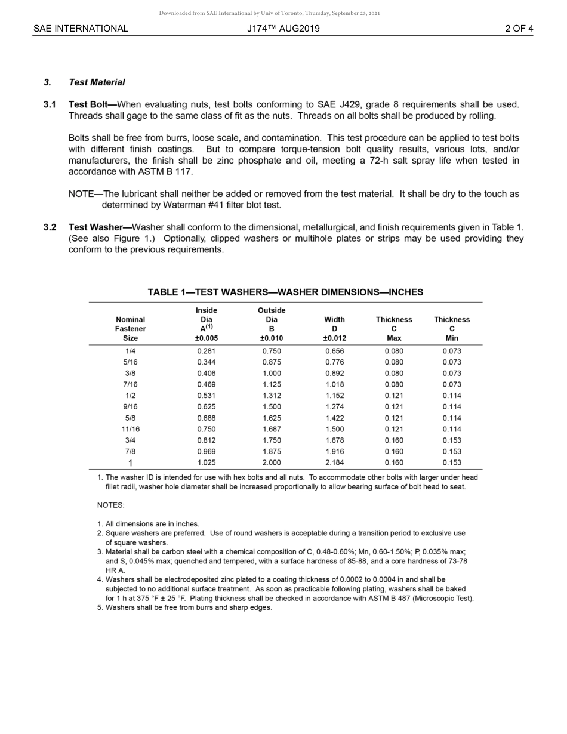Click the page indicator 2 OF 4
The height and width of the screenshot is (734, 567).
click(x=519, y=29)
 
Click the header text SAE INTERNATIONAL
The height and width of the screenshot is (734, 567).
click(x=81, y=29)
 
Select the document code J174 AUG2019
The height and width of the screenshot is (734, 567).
click(x=283, y=29)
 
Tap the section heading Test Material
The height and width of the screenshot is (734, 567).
click(x=97, y=82)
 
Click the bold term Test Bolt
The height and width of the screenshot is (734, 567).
click(x=88, y=104)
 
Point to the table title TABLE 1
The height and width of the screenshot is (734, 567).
click(x=285, y=292)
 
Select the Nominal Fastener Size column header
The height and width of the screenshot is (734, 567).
click(x=130, y=329)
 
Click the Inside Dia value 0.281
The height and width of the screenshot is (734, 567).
click(x=206, y=351)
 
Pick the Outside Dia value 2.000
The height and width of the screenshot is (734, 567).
click(x=272, y=463)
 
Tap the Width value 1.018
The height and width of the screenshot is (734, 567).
click(x=334, y=385)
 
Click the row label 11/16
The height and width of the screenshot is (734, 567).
click(x=130, y=429)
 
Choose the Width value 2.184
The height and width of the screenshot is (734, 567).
click(x=334, y=463)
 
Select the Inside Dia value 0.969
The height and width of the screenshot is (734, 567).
click(x=206, y=452)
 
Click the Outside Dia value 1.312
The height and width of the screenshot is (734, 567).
click(x=272, y=396)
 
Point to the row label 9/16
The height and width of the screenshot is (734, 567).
click(x=130, y=407)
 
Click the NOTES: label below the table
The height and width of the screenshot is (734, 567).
click(x=110, y=505)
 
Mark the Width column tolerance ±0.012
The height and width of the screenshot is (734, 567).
click(x=334, y=338)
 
